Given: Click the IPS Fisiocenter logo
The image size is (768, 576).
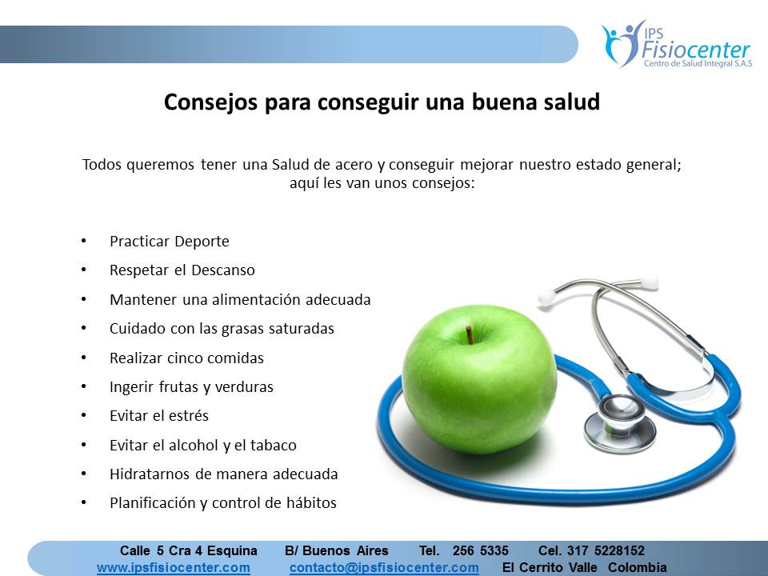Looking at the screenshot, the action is pyautogui.click(x=677, y=44).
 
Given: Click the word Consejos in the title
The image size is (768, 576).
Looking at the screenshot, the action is pyautogui.click(x=210, y=103).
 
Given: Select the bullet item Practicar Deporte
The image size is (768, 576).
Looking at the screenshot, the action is pyautogui.click(x=170, y=242).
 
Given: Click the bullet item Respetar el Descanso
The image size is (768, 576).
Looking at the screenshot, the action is pyautogui.click(x=182, y=270).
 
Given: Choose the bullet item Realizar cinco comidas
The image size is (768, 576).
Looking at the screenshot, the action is pyautogui.click(x=186, y=358).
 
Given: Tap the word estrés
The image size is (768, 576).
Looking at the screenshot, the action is pyautogui.click(x=189, y=416).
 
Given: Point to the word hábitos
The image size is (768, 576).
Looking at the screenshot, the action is pyautogui.click(x=310, y=503).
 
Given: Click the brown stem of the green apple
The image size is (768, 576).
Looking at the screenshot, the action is pyautogui.click(x=470, y=335).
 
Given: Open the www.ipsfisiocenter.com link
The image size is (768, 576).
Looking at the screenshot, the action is pyautogui.click(x=174, y=568).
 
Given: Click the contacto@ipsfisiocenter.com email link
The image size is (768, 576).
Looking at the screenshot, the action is pyautogui.click(x=384, y=568).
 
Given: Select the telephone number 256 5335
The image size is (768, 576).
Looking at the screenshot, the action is pyautogui.click(x=481, y=550).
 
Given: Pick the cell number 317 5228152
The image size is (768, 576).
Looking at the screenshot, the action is pyautogui.click(x=606, y=550).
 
